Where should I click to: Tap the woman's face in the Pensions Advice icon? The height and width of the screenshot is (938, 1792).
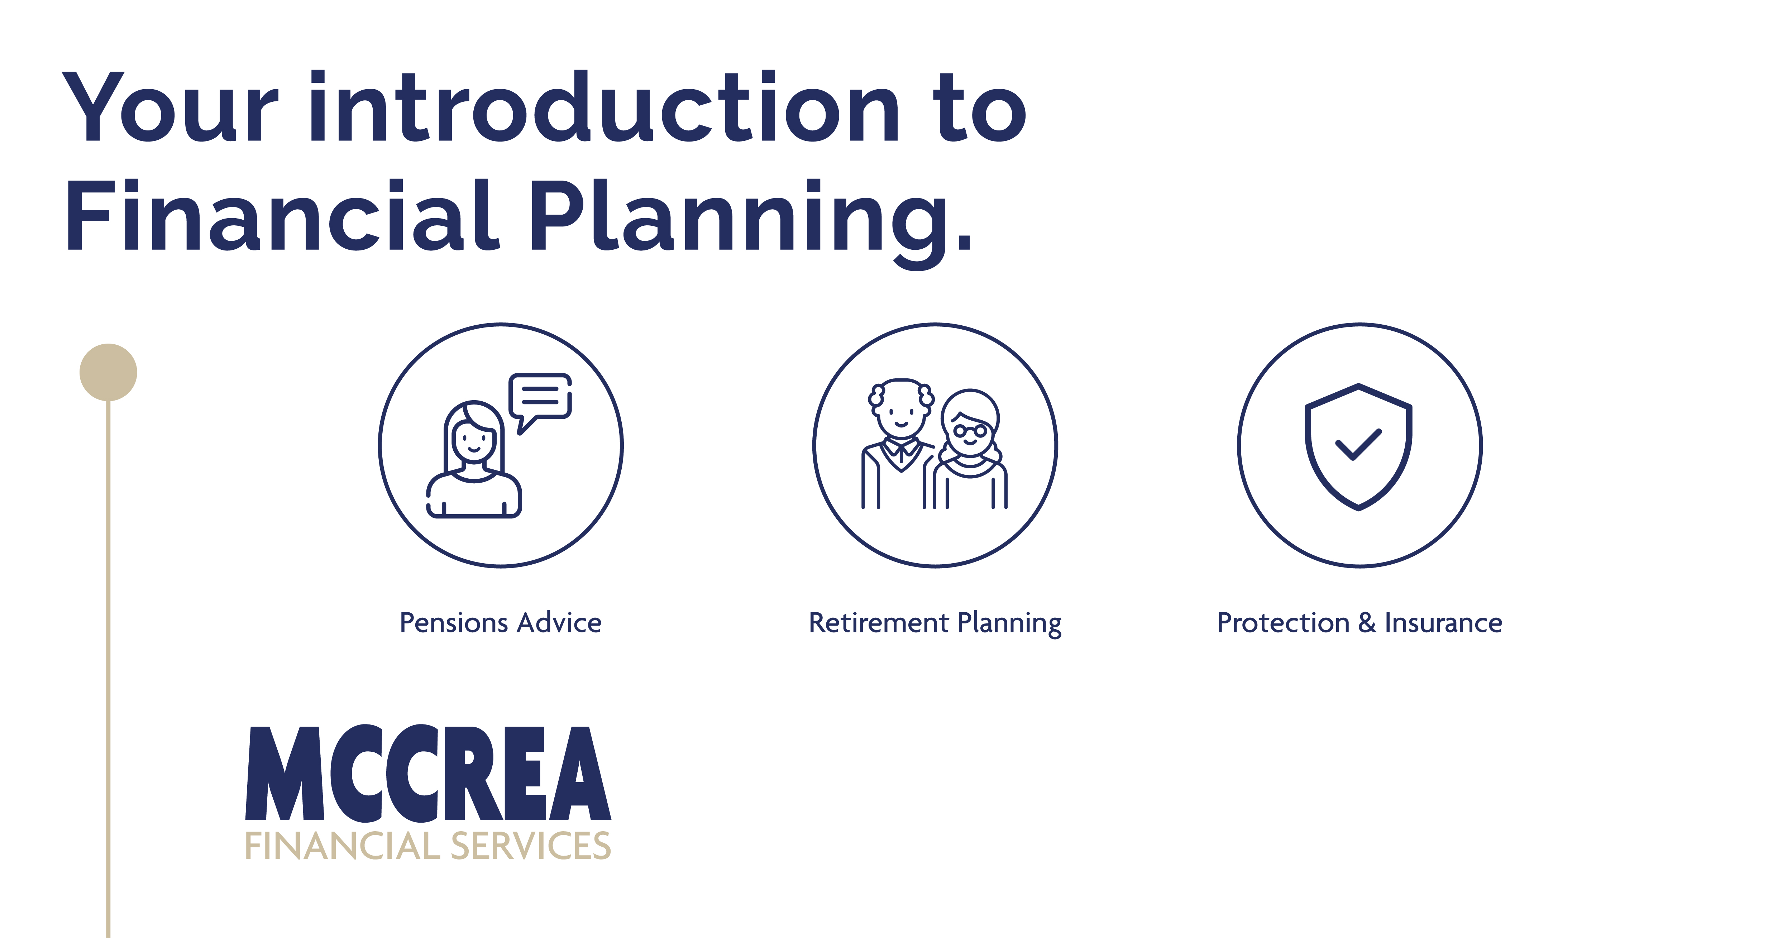click(x=473, y=440)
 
